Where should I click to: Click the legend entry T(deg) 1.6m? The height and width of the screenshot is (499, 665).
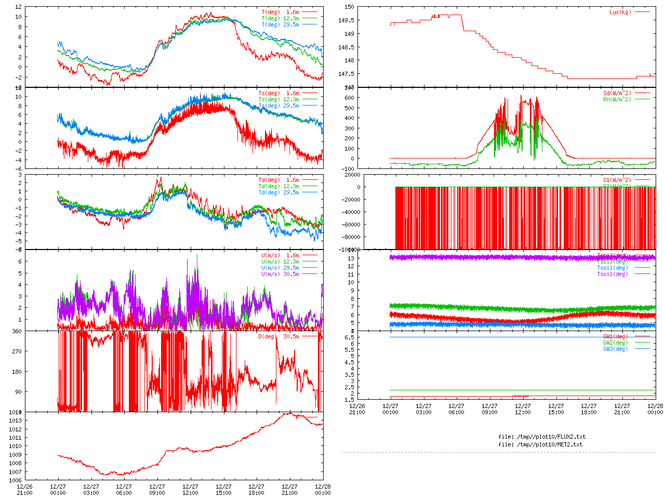(x=280, y=12)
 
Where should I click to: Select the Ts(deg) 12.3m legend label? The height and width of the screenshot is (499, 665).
(x=278, y=99)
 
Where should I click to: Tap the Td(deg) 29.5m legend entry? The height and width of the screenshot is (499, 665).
(x=278, y=192)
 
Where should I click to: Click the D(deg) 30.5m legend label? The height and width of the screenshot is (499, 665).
(x=278, y=336)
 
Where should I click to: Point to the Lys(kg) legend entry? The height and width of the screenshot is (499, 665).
(x=620, y=12)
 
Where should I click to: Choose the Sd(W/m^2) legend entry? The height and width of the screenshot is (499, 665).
(x=617, y=94)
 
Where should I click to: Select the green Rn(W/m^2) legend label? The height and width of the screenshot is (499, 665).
(x=617, y=99)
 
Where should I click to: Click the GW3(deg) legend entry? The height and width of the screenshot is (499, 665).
(x=615, y=349)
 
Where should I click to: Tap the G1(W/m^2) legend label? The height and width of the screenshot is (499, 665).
(x=617, y=180)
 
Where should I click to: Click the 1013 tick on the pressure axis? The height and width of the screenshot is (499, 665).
(x=15, y=421)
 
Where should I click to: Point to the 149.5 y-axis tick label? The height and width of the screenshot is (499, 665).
(x=346, y=20)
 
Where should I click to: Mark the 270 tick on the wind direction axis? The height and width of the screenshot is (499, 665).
(x=17, y=351)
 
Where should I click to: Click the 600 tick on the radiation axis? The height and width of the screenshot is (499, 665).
(x=349, y=98)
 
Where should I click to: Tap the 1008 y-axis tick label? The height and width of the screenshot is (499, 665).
(x=15, y=463)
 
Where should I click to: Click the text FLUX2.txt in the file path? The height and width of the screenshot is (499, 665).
(x=569, y=437)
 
